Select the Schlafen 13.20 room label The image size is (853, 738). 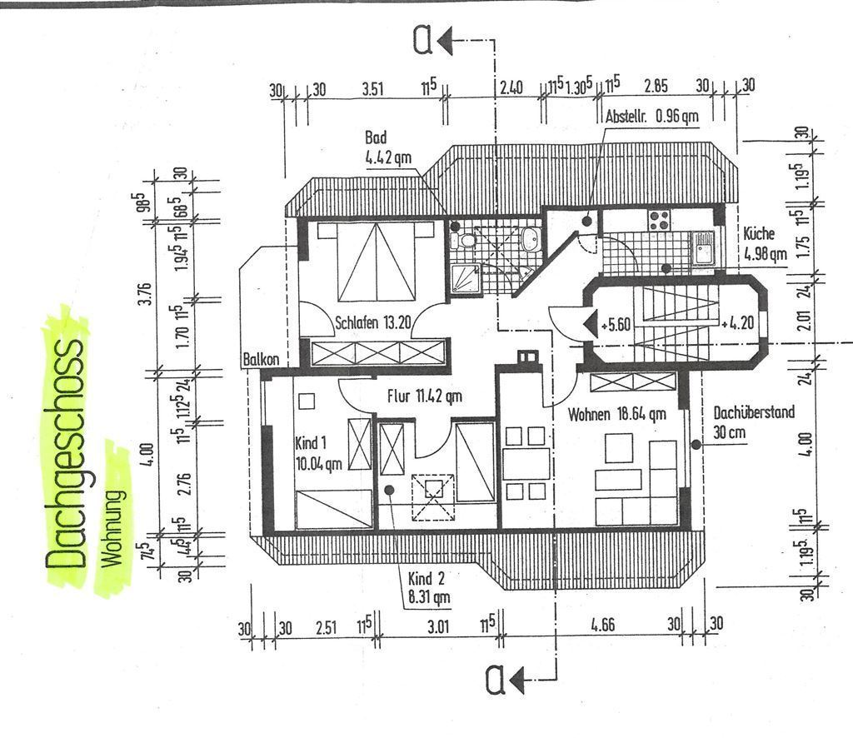pyautogui.click(x=372, y=322)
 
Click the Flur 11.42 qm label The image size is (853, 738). pyautogui.click(x=424, y=396)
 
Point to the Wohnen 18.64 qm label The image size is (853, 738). pyautogui.click(x=617, y=415)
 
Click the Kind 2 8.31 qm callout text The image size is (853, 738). pyautogui.click(x=429, y=587)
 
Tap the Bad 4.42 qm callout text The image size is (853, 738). pyautogui.click(x=388, y=147)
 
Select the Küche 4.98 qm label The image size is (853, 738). pyautogui.click(x=765, y=243)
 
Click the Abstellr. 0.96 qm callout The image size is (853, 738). pyautogui.click(x=651, y=116)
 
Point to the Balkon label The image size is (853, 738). pyautogui.click(x=261, y=359)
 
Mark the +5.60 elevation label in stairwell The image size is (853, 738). pyautogui.click(x=616, y=325)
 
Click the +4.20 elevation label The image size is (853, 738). pyautogui.click(x=738, y=323)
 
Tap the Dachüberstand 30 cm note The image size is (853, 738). pyautogui.click(x=754, y=422)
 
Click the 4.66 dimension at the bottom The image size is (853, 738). pyautogui.click(x=603, y=625)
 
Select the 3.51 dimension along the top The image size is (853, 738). pyautogui.click(x=373, y=88)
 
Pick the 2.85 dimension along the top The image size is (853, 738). pyautogui.click(x=656, y=86)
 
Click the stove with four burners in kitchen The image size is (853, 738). pyautogui.click(x=658, y=220)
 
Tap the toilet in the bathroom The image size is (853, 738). pyautogui.click(x=464, y=239)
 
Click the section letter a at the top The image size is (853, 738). pyautogui.click(x=423, y=41)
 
